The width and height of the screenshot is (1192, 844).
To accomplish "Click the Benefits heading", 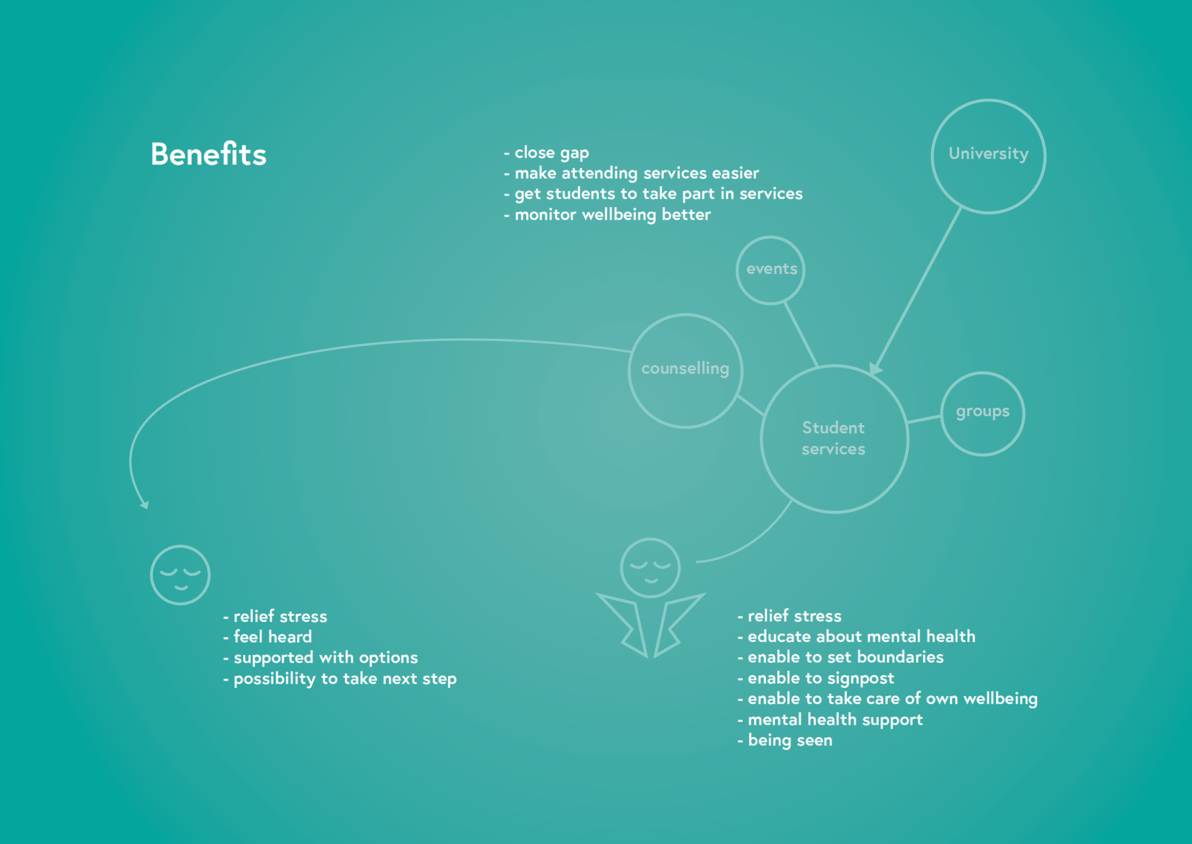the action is pyautogui.click(x=209, y=155).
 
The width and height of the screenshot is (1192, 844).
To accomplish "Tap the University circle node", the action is pyautogui.click(x=988, y=156).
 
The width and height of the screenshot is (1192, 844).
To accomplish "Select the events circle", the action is pyautogui.click(x=770, y=271).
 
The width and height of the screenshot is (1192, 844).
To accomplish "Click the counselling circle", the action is pyautogui.click(x=685, y=370).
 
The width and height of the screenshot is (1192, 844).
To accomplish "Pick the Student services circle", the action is pyautogui.click(x=834, y=439).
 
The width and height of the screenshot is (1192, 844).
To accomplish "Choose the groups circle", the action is pyautogui.click(x=982, y=414).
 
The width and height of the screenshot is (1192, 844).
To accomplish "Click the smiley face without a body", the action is pyautogui.click(x=180, y=575).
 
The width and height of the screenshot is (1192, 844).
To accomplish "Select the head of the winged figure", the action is pyautogui.click(x=650, y=568).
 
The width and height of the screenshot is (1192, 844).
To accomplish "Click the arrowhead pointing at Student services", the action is pyautogui.click(x=875, y=369).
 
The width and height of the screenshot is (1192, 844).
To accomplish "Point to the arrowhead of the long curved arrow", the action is pyautogui.click(x=145, y=505).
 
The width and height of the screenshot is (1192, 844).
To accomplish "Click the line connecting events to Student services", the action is pyautogui.click(x=801, y=334).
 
